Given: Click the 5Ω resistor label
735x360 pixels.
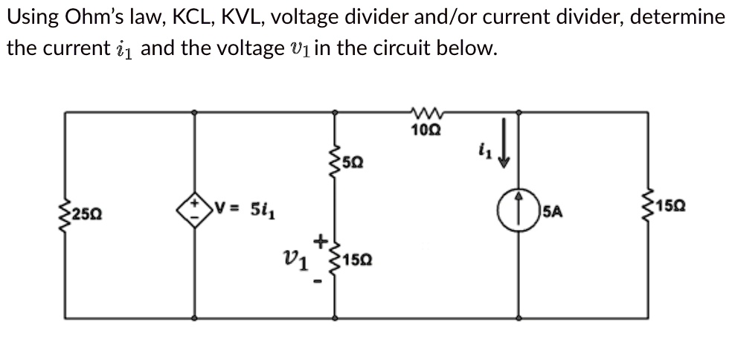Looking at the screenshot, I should pyautogui.click(x=355, y=161).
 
